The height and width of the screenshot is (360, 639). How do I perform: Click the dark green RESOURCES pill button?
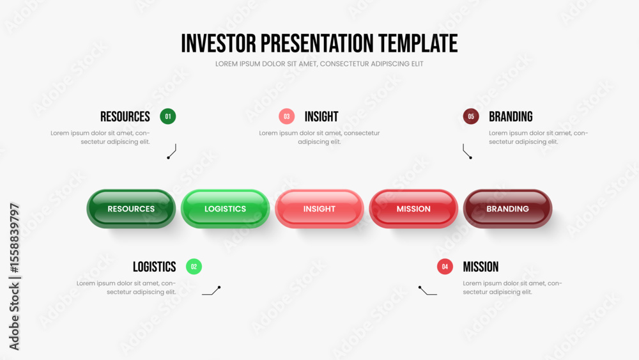pos(131,208)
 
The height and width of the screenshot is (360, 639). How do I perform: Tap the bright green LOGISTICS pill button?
pos(226,208)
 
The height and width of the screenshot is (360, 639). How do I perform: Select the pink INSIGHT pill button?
pos(319,208)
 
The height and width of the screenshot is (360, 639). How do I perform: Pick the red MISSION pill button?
pos(413,208)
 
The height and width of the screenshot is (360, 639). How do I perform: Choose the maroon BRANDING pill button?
pos(508,208)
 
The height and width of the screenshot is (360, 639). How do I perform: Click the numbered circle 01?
pos(168,116)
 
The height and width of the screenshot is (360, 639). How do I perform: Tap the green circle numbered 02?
pos(194,267)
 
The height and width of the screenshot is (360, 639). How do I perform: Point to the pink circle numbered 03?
pos(287,116)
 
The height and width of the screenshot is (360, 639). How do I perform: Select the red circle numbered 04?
pos(445,267)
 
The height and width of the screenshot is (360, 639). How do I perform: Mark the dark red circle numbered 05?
pos(471,116)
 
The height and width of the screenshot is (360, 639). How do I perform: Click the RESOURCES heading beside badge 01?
pos(125,116)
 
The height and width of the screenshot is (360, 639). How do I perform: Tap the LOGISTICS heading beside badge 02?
pos(155,267)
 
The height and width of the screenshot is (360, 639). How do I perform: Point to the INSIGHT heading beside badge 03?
pos(321,116)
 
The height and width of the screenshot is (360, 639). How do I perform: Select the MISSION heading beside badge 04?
pos(481,267)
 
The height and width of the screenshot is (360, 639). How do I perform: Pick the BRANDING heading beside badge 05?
pos(511,116)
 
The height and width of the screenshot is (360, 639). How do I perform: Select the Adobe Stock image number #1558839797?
pos(14,238)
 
